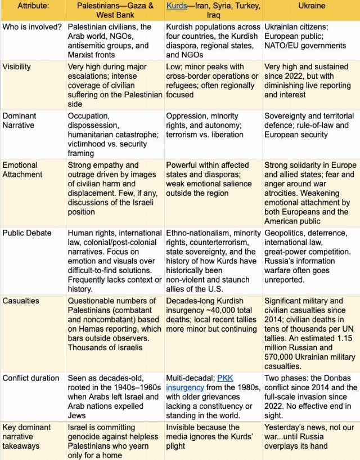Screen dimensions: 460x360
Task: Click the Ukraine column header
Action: [310, 6]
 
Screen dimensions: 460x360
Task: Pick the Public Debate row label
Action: [26, 233]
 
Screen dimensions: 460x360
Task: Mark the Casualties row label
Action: [21, 301]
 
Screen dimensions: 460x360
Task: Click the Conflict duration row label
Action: [30, 378]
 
